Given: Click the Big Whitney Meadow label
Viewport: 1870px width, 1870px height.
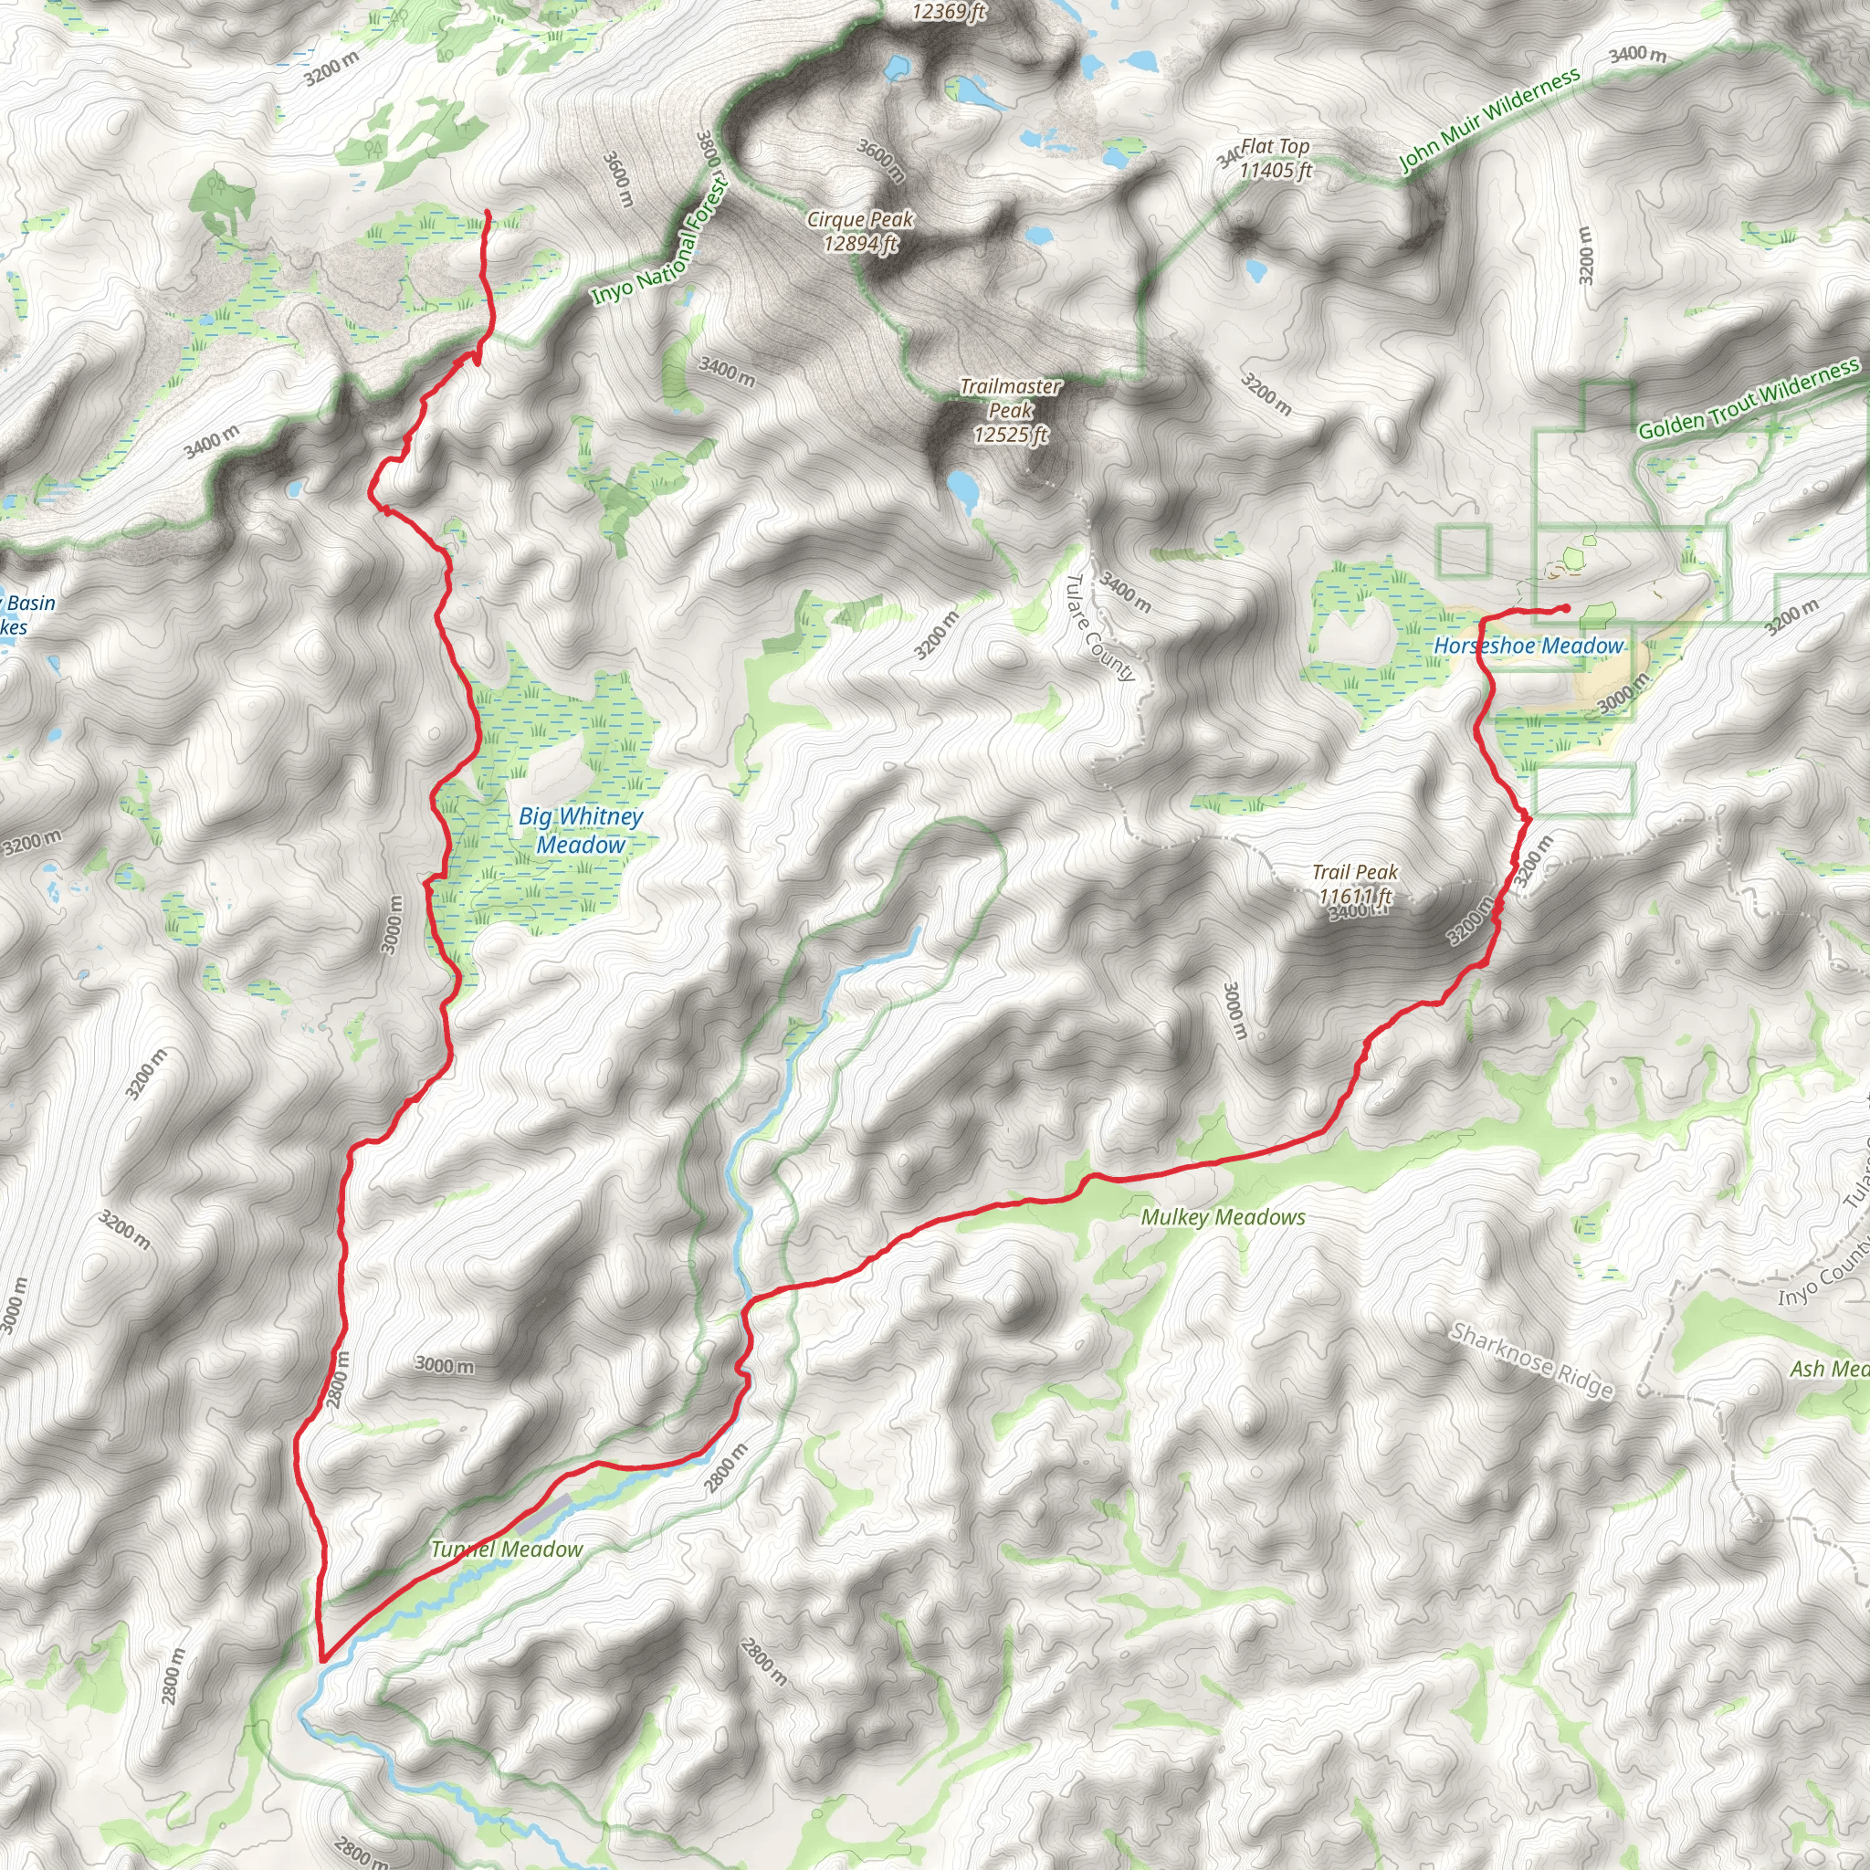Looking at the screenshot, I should [x=581, y=831].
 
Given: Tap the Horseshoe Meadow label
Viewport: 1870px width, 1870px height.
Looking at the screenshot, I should [x=1529, y=646].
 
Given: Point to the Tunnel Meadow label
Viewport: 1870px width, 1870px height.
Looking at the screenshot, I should [x=506, y=1550].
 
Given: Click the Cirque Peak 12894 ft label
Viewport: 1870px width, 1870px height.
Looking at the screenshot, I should [x=860, y=231].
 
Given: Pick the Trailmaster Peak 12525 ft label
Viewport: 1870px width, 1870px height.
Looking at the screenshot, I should [x=1011, y=410].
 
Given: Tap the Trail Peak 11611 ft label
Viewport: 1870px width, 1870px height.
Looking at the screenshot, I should [x=1355, y=884].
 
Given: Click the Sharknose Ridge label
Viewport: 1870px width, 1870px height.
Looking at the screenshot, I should [x=1531, y=1360].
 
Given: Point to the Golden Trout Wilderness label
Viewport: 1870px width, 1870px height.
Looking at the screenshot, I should [x=1748, y=398].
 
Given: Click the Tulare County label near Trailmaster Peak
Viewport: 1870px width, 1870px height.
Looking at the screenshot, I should [x=1099, y=627].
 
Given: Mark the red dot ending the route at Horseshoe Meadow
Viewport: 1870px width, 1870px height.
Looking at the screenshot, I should [x=1565, y=608].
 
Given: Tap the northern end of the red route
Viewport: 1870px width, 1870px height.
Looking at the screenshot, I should [x=486, y=212].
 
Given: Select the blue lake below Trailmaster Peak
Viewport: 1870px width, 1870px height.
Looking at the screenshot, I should [x=963, y=489].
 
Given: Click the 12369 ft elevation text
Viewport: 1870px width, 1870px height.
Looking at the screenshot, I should [x=949, y=12].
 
